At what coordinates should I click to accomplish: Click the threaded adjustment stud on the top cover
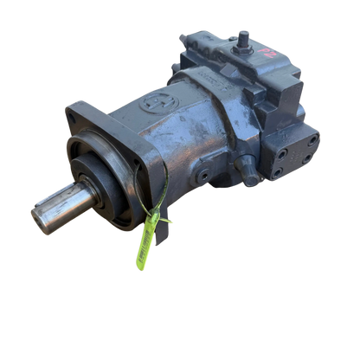click(245, 38)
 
